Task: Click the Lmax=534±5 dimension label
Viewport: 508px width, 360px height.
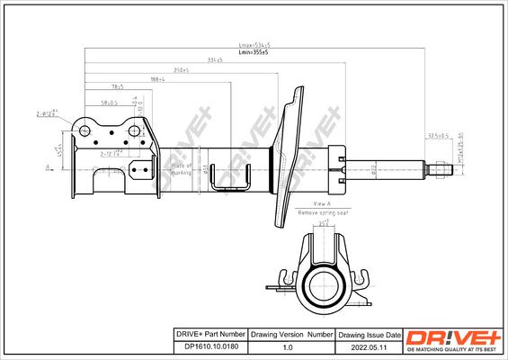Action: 254,44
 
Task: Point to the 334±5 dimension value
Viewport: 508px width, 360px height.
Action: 215,60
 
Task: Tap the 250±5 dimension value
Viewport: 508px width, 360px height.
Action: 181,69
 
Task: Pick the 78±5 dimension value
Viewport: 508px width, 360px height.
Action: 117,87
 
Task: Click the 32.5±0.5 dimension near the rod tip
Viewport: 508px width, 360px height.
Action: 439,137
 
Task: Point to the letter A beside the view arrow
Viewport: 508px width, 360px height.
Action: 47,167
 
